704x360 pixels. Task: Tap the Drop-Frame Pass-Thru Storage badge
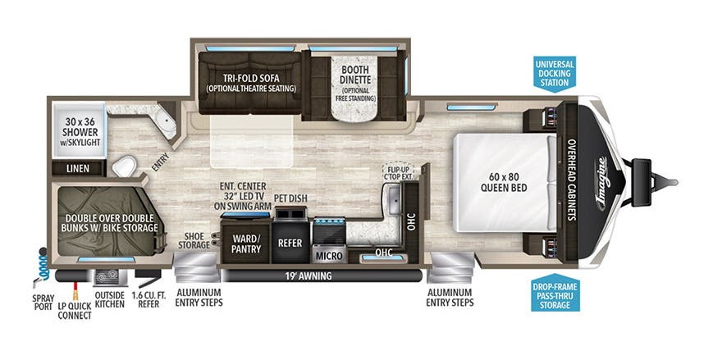[x=555, y=292]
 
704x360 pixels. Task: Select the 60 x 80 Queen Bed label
[x=504, y=182]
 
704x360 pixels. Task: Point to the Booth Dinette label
[x=355, y=75]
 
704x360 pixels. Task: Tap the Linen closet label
[x=78, y=169]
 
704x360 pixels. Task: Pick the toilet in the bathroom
[x=125, y=166]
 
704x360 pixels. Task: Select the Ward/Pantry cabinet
[x=246, y=243]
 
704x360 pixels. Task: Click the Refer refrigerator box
[x=290, y=243]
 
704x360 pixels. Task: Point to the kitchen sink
[x=393, y=200]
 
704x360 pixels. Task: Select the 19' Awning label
[x=309, y=276]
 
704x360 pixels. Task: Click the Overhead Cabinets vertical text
[x=572, y=180]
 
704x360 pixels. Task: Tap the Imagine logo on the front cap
[x=602, y=183]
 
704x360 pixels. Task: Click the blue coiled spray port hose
[x=43, y=265]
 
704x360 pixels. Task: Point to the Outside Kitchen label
[x=110, y=299]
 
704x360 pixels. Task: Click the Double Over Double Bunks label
[x=110, y=223]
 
